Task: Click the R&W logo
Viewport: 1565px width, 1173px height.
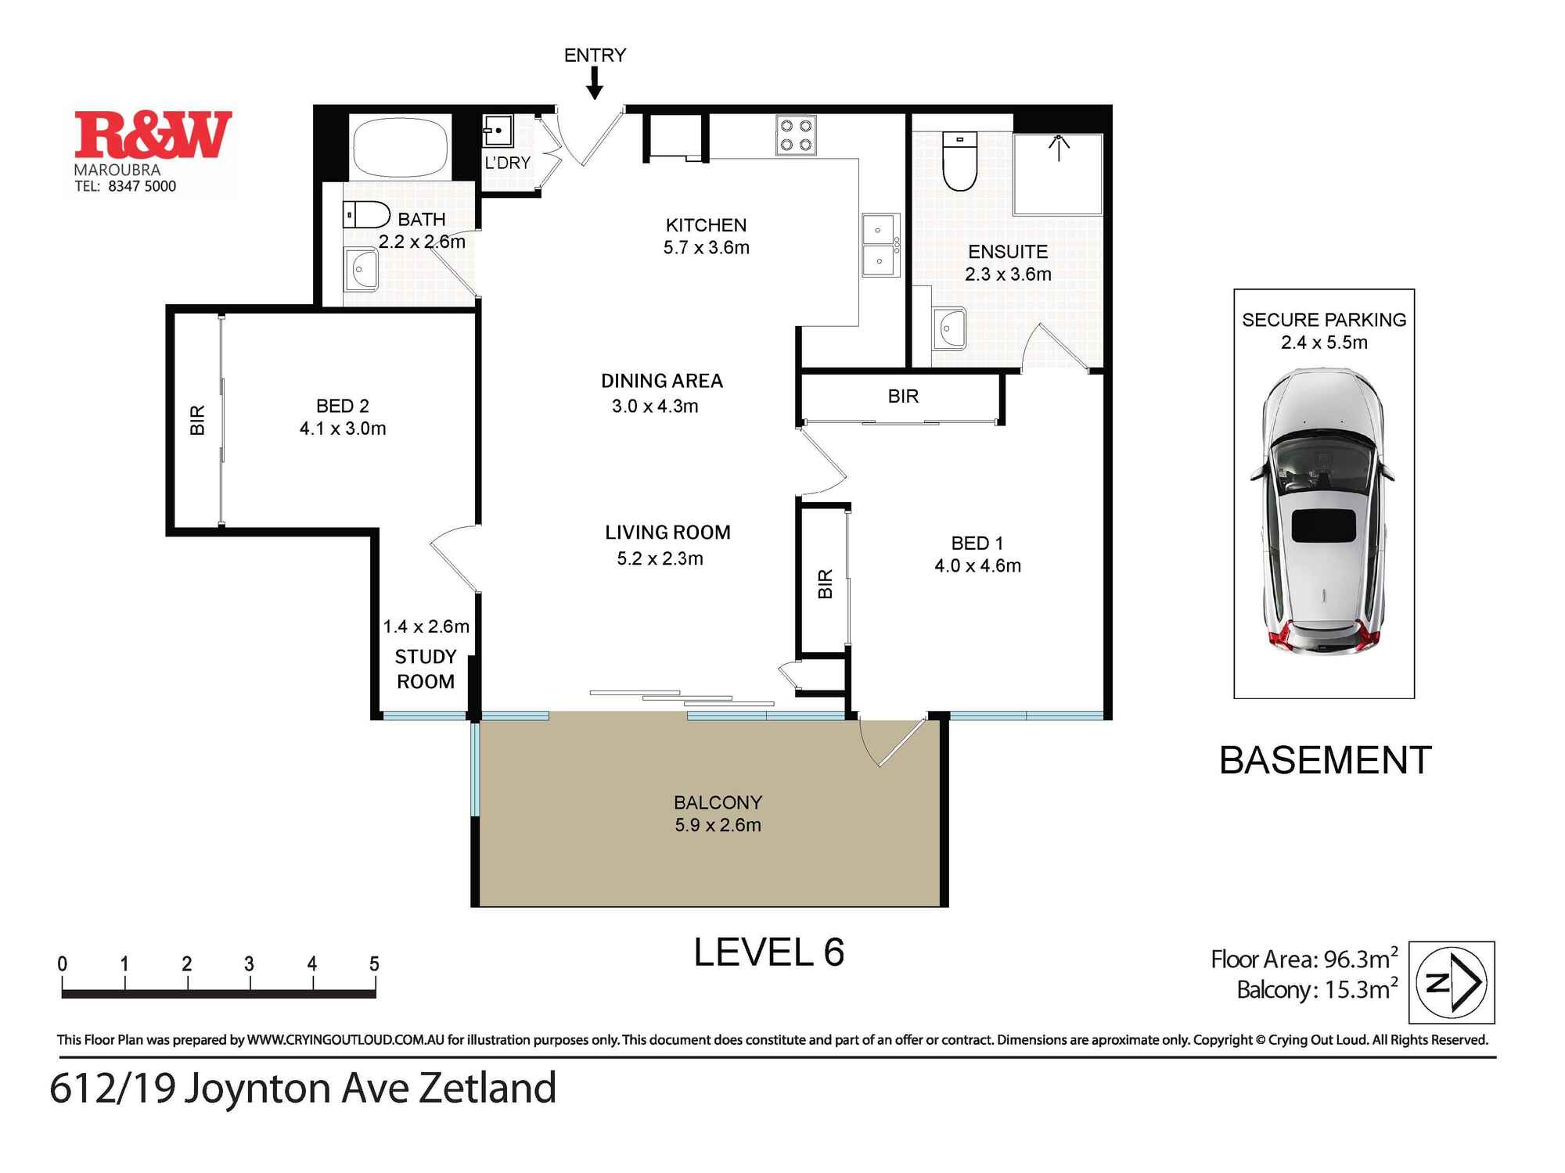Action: pyautogui.click(x=153, y=135)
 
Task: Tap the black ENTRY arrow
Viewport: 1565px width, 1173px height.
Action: pyautogui.click(x=595, y=84)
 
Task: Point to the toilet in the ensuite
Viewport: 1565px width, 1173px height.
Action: pyautogui.click(x=960, y=161)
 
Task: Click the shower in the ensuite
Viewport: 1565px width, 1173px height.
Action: pyautogui.click(x=1058, y=174)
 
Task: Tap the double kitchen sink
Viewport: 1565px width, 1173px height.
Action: pyautogui.click(x=881, y=245)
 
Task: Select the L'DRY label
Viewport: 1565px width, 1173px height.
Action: pyautogui.click(x=507, y=163)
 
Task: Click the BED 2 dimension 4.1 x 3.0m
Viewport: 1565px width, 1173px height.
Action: pyautogui.click(x=343, y=429)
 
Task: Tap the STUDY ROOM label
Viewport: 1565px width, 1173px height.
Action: pyautogui.click(x=425, y=669)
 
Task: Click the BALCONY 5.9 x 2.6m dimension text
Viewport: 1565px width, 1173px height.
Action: pyautogui.click(x=718, y=825)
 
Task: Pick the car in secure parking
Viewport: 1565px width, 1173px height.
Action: pyautogui.click(x=1323, y=512)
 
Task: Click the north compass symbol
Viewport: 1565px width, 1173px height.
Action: pyautogui.click(x=1452, y=982)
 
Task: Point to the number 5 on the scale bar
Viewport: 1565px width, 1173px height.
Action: pyautogui.click(x=374, y=964)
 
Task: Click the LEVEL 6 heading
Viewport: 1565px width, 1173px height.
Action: pyautogui.click(x=768, y=952)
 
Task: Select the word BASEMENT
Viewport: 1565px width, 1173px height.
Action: pyautogui.click(x=1325, y=760)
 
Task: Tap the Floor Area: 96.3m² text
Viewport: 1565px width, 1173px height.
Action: pyautogui.click(x=1304, y=959)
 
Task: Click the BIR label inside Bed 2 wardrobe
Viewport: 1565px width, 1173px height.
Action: pyautogui.click(x=197, y=420)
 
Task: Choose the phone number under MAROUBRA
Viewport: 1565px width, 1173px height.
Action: pyautogui.click(x=125, y=186)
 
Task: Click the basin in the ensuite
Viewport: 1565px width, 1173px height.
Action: pyautogui.click(x=949, y=328)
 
